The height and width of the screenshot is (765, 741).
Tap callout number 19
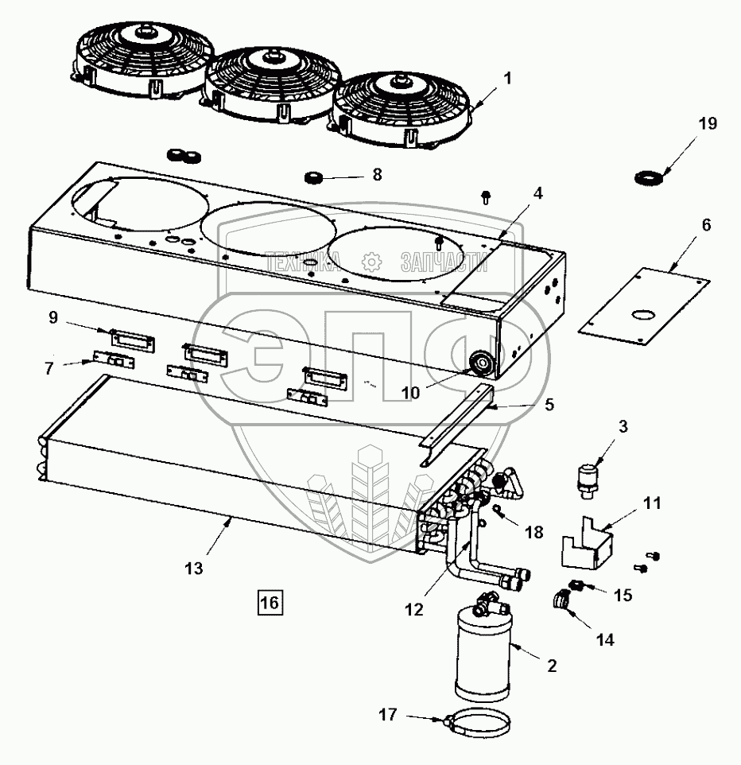707,124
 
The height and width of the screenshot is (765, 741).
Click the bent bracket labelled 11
588,545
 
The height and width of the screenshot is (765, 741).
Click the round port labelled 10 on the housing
481,365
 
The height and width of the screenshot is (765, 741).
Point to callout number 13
194,569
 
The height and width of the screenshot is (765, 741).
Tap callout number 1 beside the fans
508,79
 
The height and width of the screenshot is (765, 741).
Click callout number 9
53,317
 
